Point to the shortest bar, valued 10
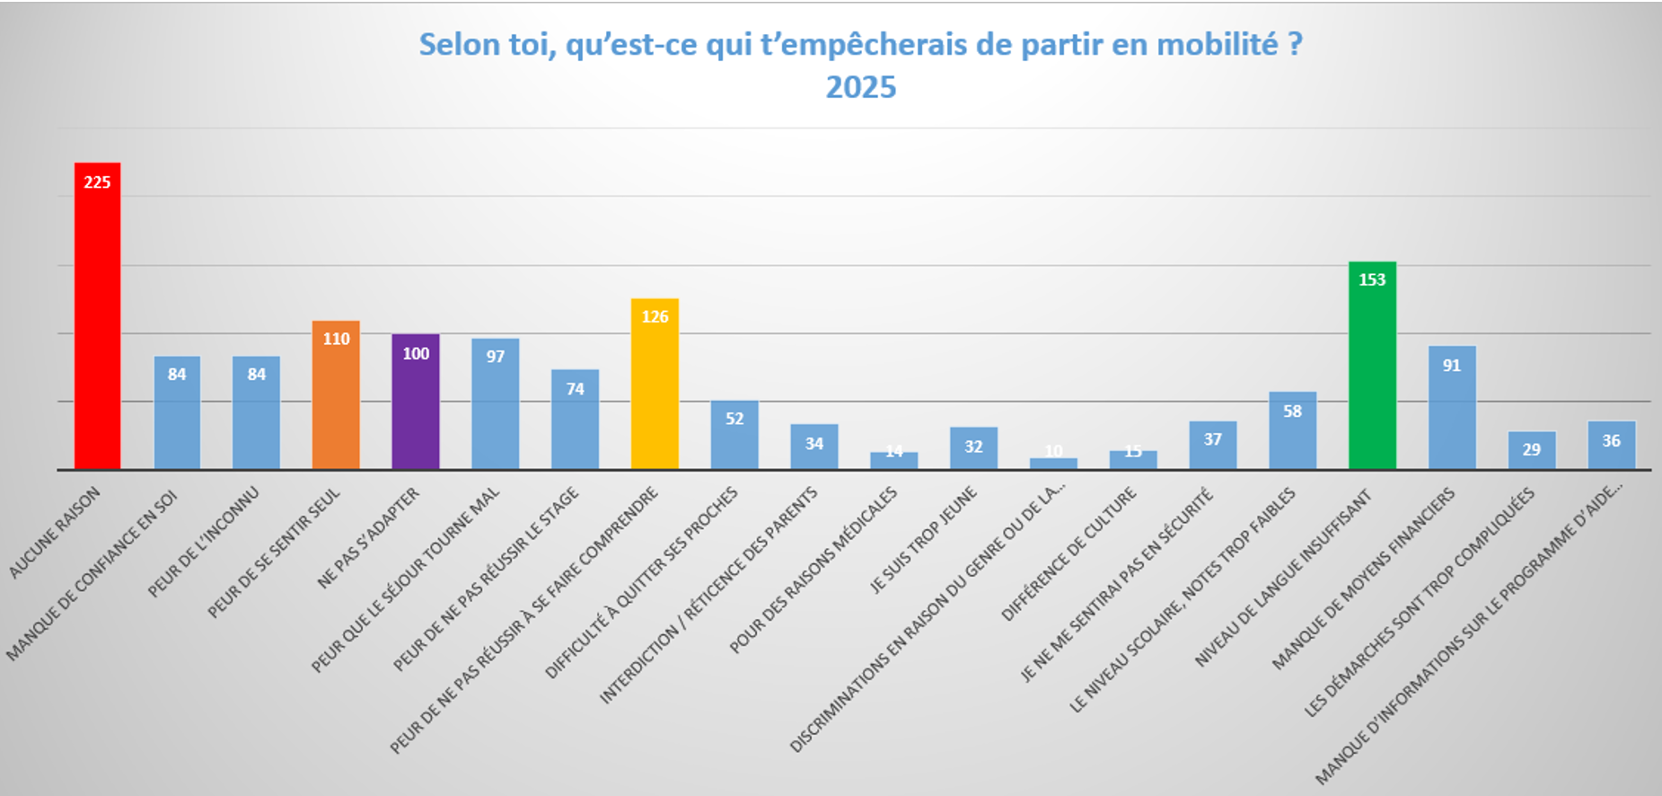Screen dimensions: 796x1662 tap(1053, 464)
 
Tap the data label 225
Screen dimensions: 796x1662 tap(97, 182)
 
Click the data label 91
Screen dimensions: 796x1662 tap(1452, 366)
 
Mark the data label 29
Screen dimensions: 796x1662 tap(1532, 449)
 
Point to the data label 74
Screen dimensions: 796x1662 tap(576, 389)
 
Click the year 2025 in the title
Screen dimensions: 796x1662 tap(860, 87)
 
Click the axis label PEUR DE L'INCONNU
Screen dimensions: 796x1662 tap(204, 542)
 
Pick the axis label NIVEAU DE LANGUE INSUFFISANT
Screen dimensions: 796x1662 tap(1284, 578)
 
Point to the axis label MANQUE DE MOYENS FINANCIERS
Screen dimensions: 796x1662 tap(1364, 579)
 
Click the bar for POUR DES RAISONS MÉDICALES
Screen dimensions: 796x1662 tap(894, 460)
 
